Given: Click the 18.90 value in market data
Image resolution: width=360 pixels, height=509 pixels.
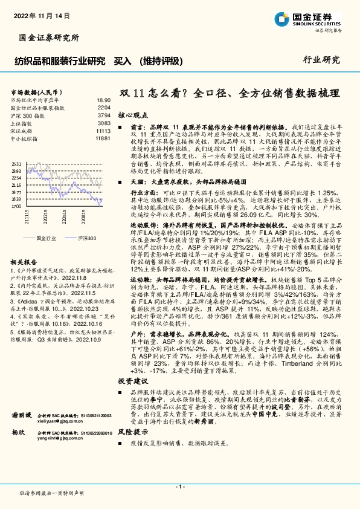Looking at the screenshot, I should coord(103,100).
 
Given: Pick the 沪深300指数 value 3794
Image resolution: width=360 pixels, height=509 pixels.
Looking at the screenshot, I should coord(104,115).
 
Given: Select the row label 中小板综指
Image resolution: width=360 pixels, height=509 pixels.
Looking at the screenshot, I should coord(24,138).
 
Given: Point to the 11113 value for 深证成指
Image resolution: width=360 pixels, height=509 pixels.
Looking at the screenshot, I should coord(103,131).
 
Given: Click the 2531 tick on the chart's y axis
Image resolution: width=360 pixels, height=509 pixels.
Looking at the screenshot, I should coord(16,164).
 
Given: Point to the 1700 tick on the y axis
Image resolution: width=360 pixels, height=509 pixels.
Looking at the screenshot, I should coord(16,207).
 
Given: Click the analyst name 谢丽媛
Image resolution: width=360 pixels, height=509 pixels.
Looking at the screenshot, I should coord(22,417).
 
